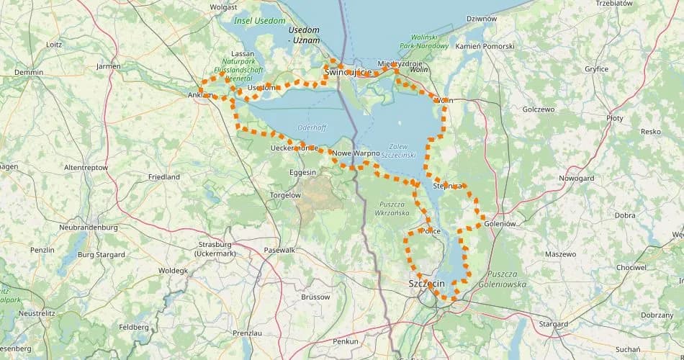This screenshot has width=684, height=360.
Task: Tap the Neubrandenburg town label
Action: tap(89, 228)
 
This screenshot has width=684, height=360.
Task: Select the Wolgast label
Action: tap(223, 7)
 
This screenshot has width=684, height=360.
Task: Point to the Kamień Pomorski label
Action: tap(485, 47)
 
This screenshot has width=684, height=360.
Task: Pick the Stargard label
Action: tap(553, 324)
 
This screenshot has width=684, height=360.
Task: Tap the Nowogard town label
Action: tap(576, 178)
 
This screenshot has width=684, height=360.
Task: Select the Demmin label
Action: tap(29, 73)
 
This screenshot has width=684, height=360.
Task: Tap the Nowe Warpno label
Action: tap(356, 153)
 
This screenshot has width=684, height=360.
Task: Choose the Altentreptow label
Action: tap(86, 167)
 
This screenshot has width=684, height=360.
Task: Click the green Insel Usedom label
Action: tap(260, 21)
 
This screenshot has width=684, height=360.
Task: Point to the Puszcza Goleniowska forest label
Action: tap(507, 279)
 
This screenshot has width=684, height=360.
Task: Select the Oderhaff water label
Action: tap(312, 127)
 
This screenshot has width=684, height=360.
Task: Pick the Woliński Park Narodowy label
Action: tap(429, 41)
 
